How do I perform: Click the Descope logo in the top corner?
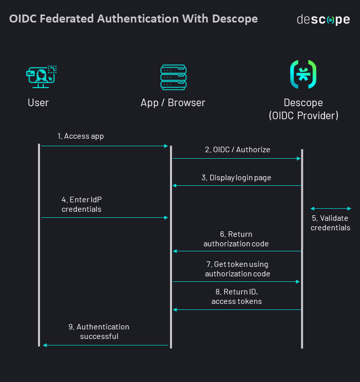click(x=323, y=20)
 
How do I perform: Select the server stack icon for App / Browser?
click(x=173, y=77)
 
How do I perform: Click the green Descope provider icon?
click(x=303, y=75)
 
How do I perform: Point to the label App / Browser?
click(x=173, y=103)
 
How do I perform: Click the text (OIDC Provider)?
click(x=303, y=116)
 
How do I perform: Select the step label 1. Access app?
click(x=80, y=136)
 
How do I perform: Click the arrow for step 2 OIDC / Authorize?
click(x=236, y=158)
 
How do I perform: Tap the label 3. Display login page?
click(x=236, y=178)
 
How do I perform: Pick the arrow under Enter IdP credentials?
click(x=104, y=217)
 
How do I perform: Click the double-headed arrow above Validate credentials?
click(x=330, y=208)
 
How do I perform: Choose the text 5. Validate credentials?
click(x=330, y=223)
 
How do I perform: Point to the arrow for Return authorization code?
click(x=236, y=251)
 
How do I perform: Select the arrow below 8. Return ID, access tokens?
click(x=236, y=309)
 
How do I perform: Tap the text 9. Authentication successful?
click(x=99, y=331)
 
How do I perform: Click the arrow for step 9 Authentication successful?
click(x=105, y=345)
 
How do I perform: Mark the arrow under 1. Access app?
click(x=104, y=146)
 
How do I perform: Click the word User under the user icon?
click(x=38, y=103)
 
